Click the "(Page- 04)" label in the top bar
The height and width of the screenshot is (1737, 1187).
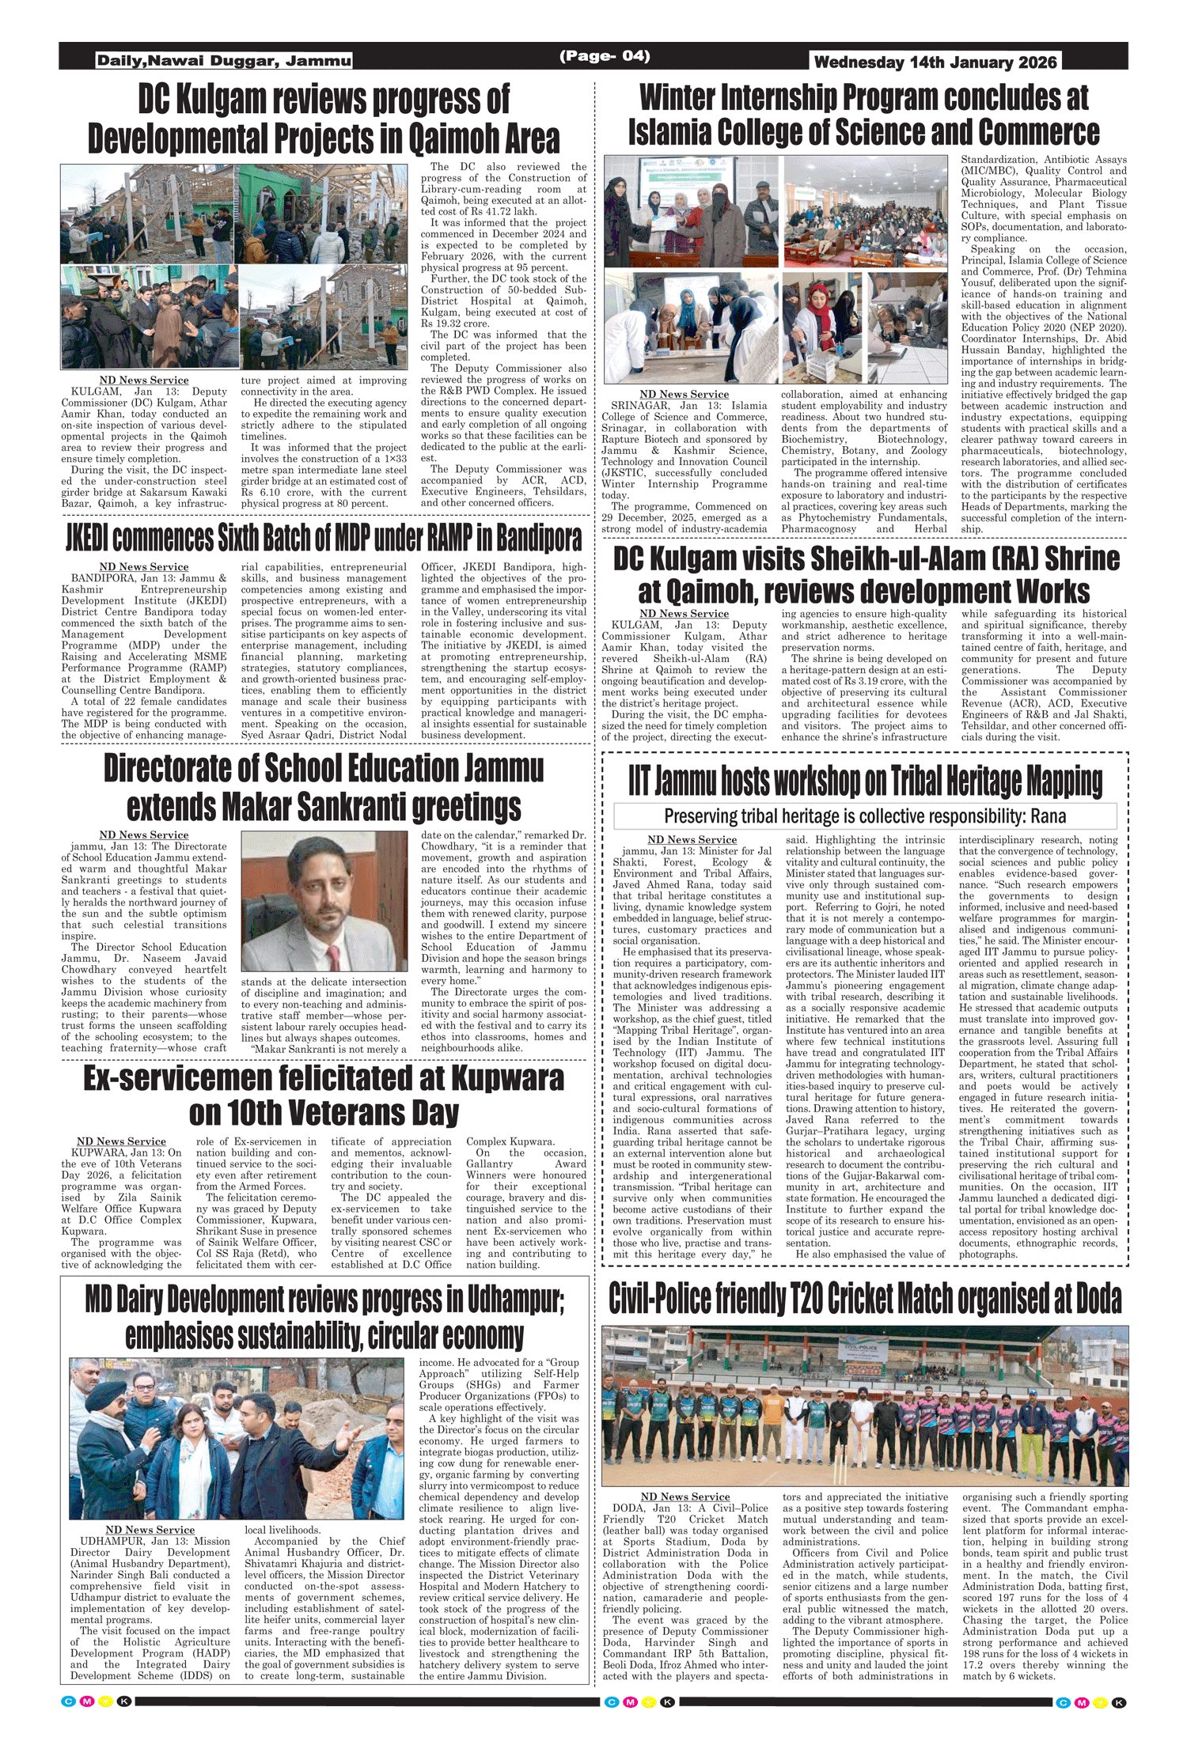coord(605,56)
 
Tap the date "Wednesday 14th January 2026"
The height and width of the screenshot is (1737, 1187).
coord(935,62)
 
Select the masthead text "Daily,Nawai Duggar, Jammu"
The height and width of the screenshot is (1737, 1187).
coord(224,61)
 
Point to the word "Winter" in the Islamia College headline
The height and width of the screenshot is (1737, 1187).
coord(681,98)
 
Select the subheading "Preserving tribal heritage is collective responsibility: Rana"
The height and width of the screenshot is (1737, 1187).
coord(865,816)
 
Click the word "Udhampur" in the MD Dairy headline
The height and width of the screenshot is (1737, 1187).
coord(515,1300)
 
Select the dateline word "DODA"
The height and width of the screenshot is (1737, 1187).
coord(630,1508)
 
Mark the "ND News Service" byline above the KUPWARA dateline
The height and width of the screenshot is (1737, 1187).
coord(121,1141)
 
